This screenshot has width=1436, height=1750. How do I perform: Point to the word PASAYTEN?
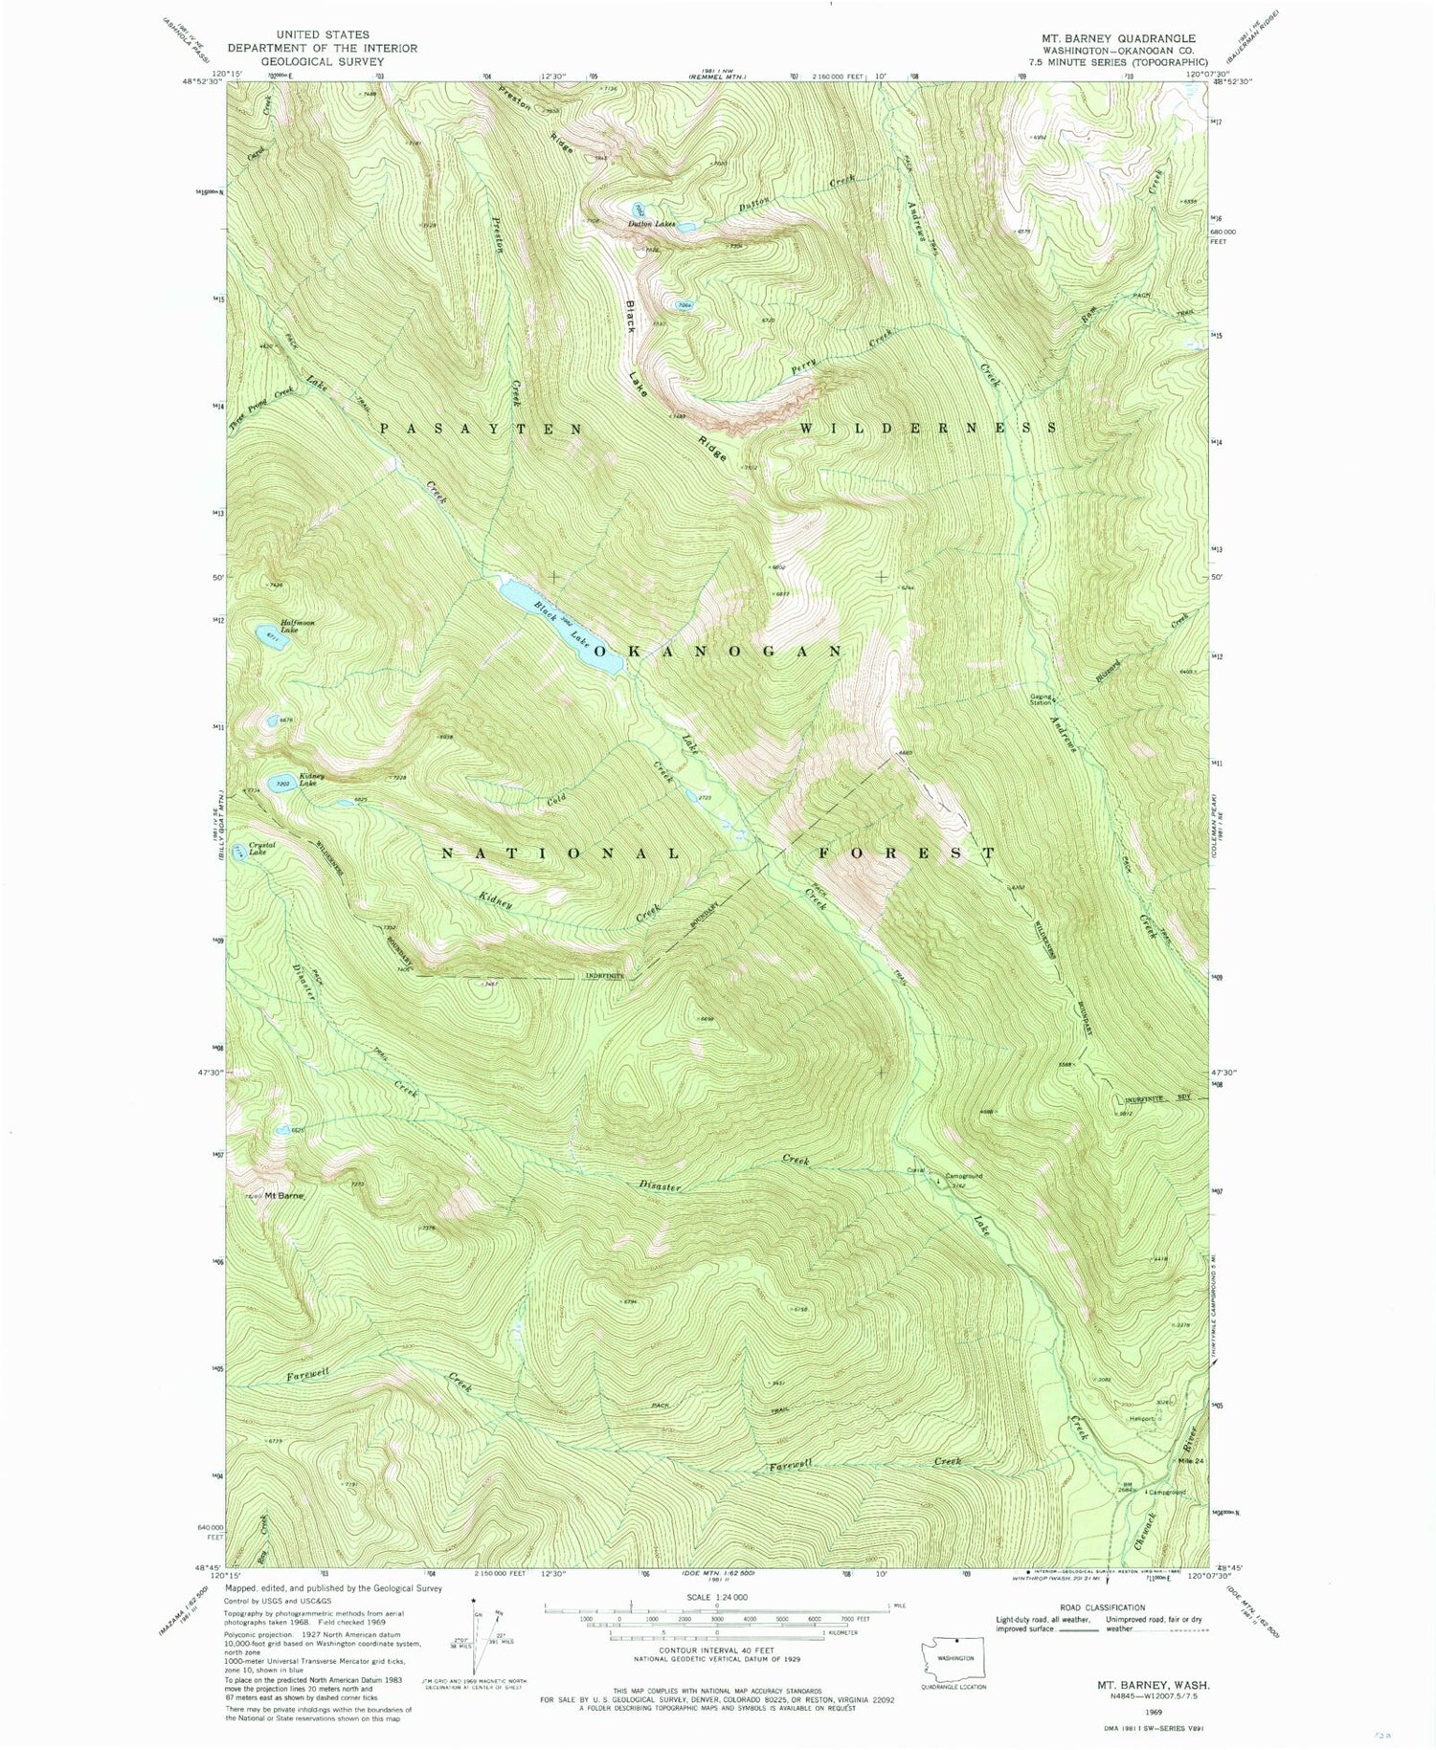point(481,430)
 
